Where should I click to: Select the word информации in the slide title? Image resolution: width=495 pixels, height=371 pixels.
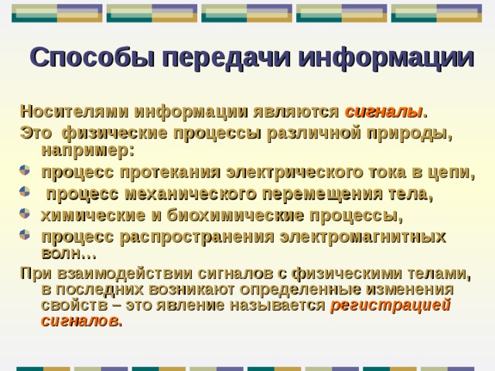(384, 58)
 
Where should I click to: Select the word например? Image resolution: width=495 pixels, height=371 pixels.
(87, 148)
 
